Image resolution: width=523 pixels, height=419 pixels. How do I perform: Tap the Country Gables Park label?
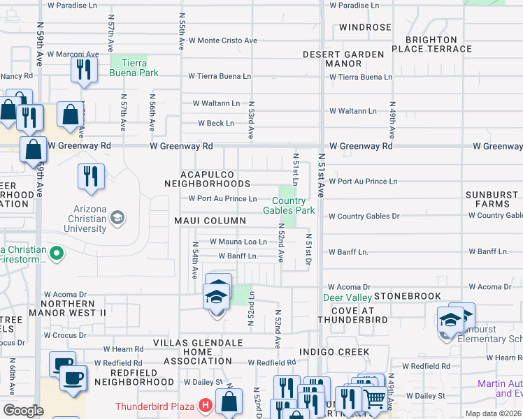click(x=289, y=206)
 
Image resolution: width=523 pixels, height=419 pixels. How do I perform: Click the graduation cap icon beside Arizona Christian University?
click(x=117, y=218)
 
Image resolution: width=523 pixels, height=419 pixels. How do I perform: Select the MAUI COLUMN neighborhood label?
click(x=210, y=221)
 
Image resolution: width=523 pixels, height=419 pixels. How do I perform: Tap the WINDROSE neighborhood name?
click(x=365, y=27)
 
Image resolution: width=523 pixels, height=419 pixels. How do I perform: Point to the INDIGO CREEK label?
click(x=333, y=351)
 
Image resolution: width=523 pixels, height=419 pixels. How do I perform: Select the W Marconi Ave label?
click(x=72, y=54)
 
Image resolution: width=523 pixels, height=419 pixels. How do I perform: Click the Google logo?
click(x=23, y=411)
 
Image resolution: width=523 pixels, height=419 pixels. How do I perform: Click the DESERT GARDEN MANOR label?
click(x=343, y=59)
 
